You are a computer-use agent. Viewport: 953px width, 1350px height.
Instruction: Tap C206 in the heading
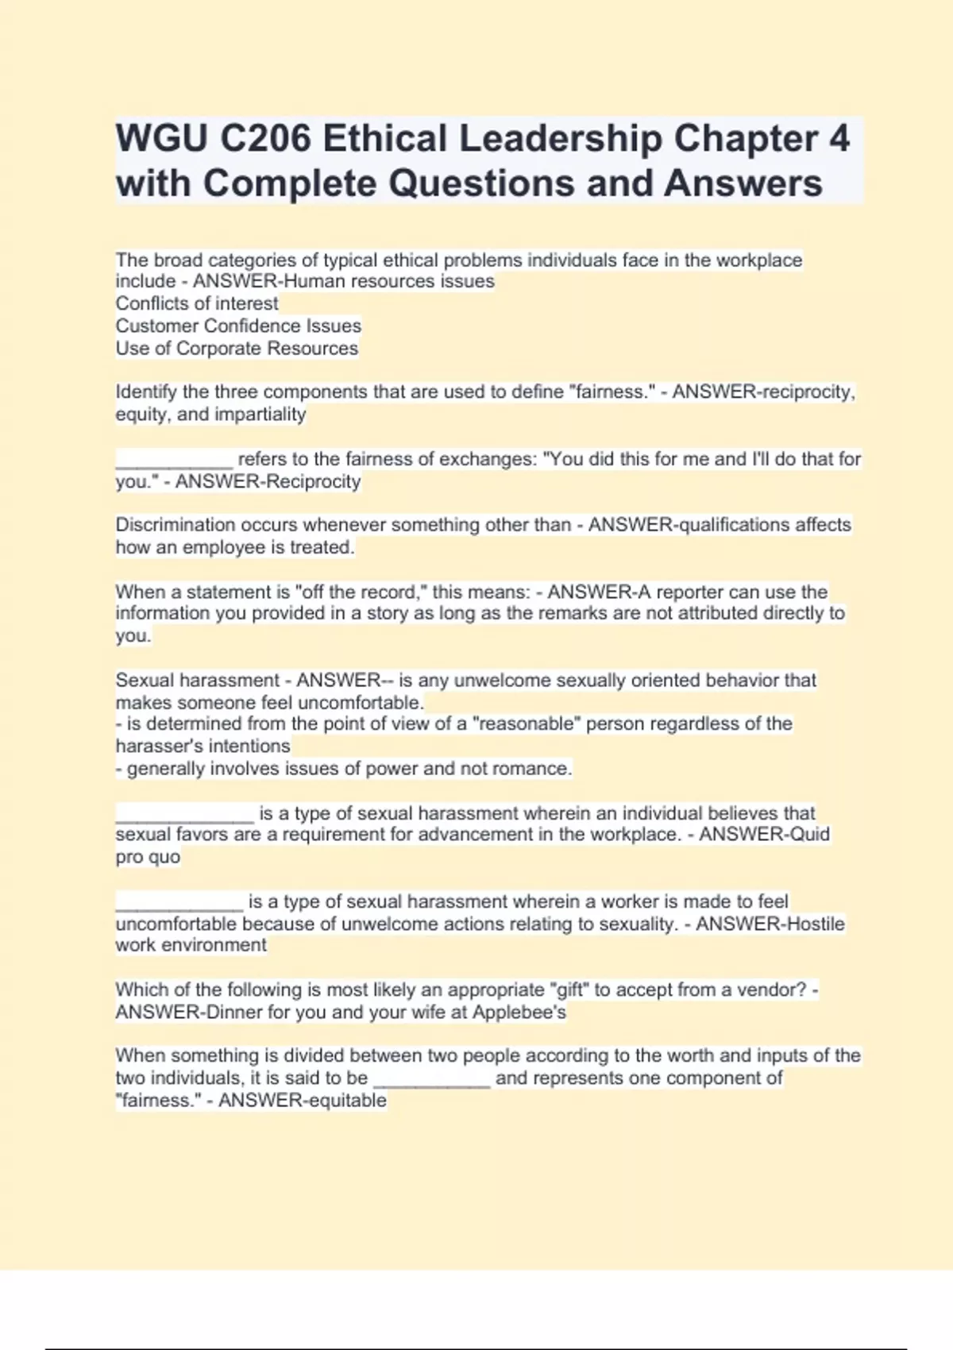coord(265,139)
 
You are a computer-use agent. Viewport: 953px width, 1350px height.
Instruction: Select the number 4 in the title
coord(839,139)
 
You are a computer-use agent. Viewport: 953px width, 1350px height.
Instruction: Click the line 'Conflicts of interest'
coord(197,303)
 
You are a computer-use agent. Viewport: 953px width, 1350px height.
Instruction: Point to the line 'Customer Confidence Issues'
coord(238,326)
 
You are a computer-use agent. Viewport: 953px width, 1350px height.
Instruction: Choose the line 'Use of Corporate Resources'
coord(237,348)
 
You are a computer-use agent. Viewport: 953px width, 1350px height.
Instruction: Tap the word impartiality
coord(260,414)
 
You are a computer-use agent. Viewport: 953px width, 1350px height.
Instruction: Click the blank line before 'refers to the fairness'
coord(174,461)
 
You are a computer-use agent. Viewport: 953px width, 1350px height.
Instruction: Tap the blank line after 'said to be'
coord(431,1080)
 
